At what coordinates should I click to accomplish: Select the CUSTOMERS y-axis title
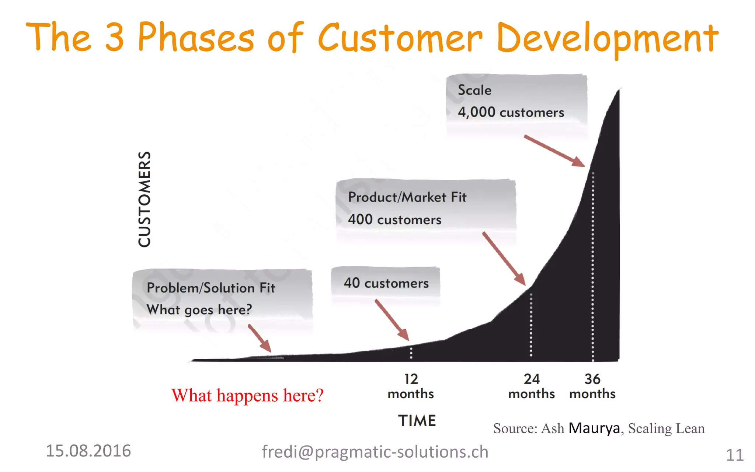[x=145, y=199]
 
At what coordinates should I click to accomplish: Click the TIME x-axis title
[x=417, y=421]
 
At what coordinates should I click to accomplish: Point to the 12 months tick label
[x=411, y=386]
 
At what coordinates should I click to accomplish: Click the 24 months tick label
[x=531, y=386]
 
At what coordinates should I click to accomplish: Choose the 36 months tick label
[x=592, y=386]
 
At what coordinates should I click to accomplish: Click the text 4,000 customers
[x=511, y=112]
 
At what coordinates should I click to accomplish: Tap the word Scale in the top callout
[x=474, y=90]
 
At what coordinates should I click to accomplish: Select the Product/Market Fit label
[x=407, y=197]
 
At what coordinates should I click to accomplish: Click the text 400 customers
[x=394, y=220]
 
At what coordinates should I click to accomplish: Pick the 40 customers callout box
[x=386, y=283]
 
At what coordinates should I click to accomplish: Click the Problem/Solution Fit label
[x=211, y=288]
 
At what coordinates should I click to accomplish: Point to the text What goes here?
[x=199, y=310]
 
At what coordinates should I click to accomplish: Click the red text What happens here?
[x=247, y=396]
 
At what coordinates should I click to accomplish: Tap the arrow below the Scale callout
[x=554, y=151]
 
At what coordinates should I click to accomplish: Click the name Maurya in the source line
[x=594, y=428]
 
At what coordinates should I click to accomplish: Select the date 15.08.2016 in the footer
[x=88, y=451]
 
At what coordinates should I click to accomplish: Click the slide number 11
[x=734, y=455]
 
